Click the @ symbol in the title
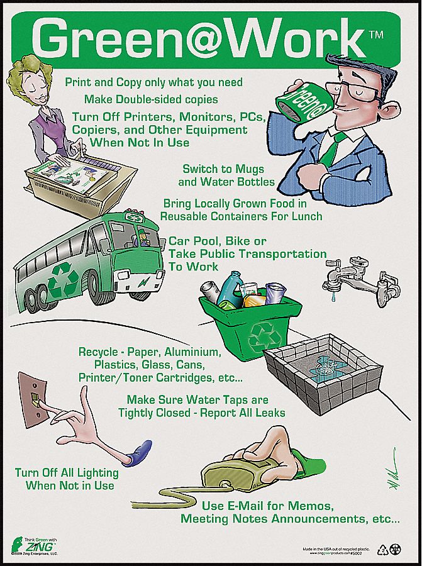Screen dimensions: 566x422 tap(211, 40)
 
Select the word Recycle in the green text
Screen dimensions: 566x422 tap(98, 352)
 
